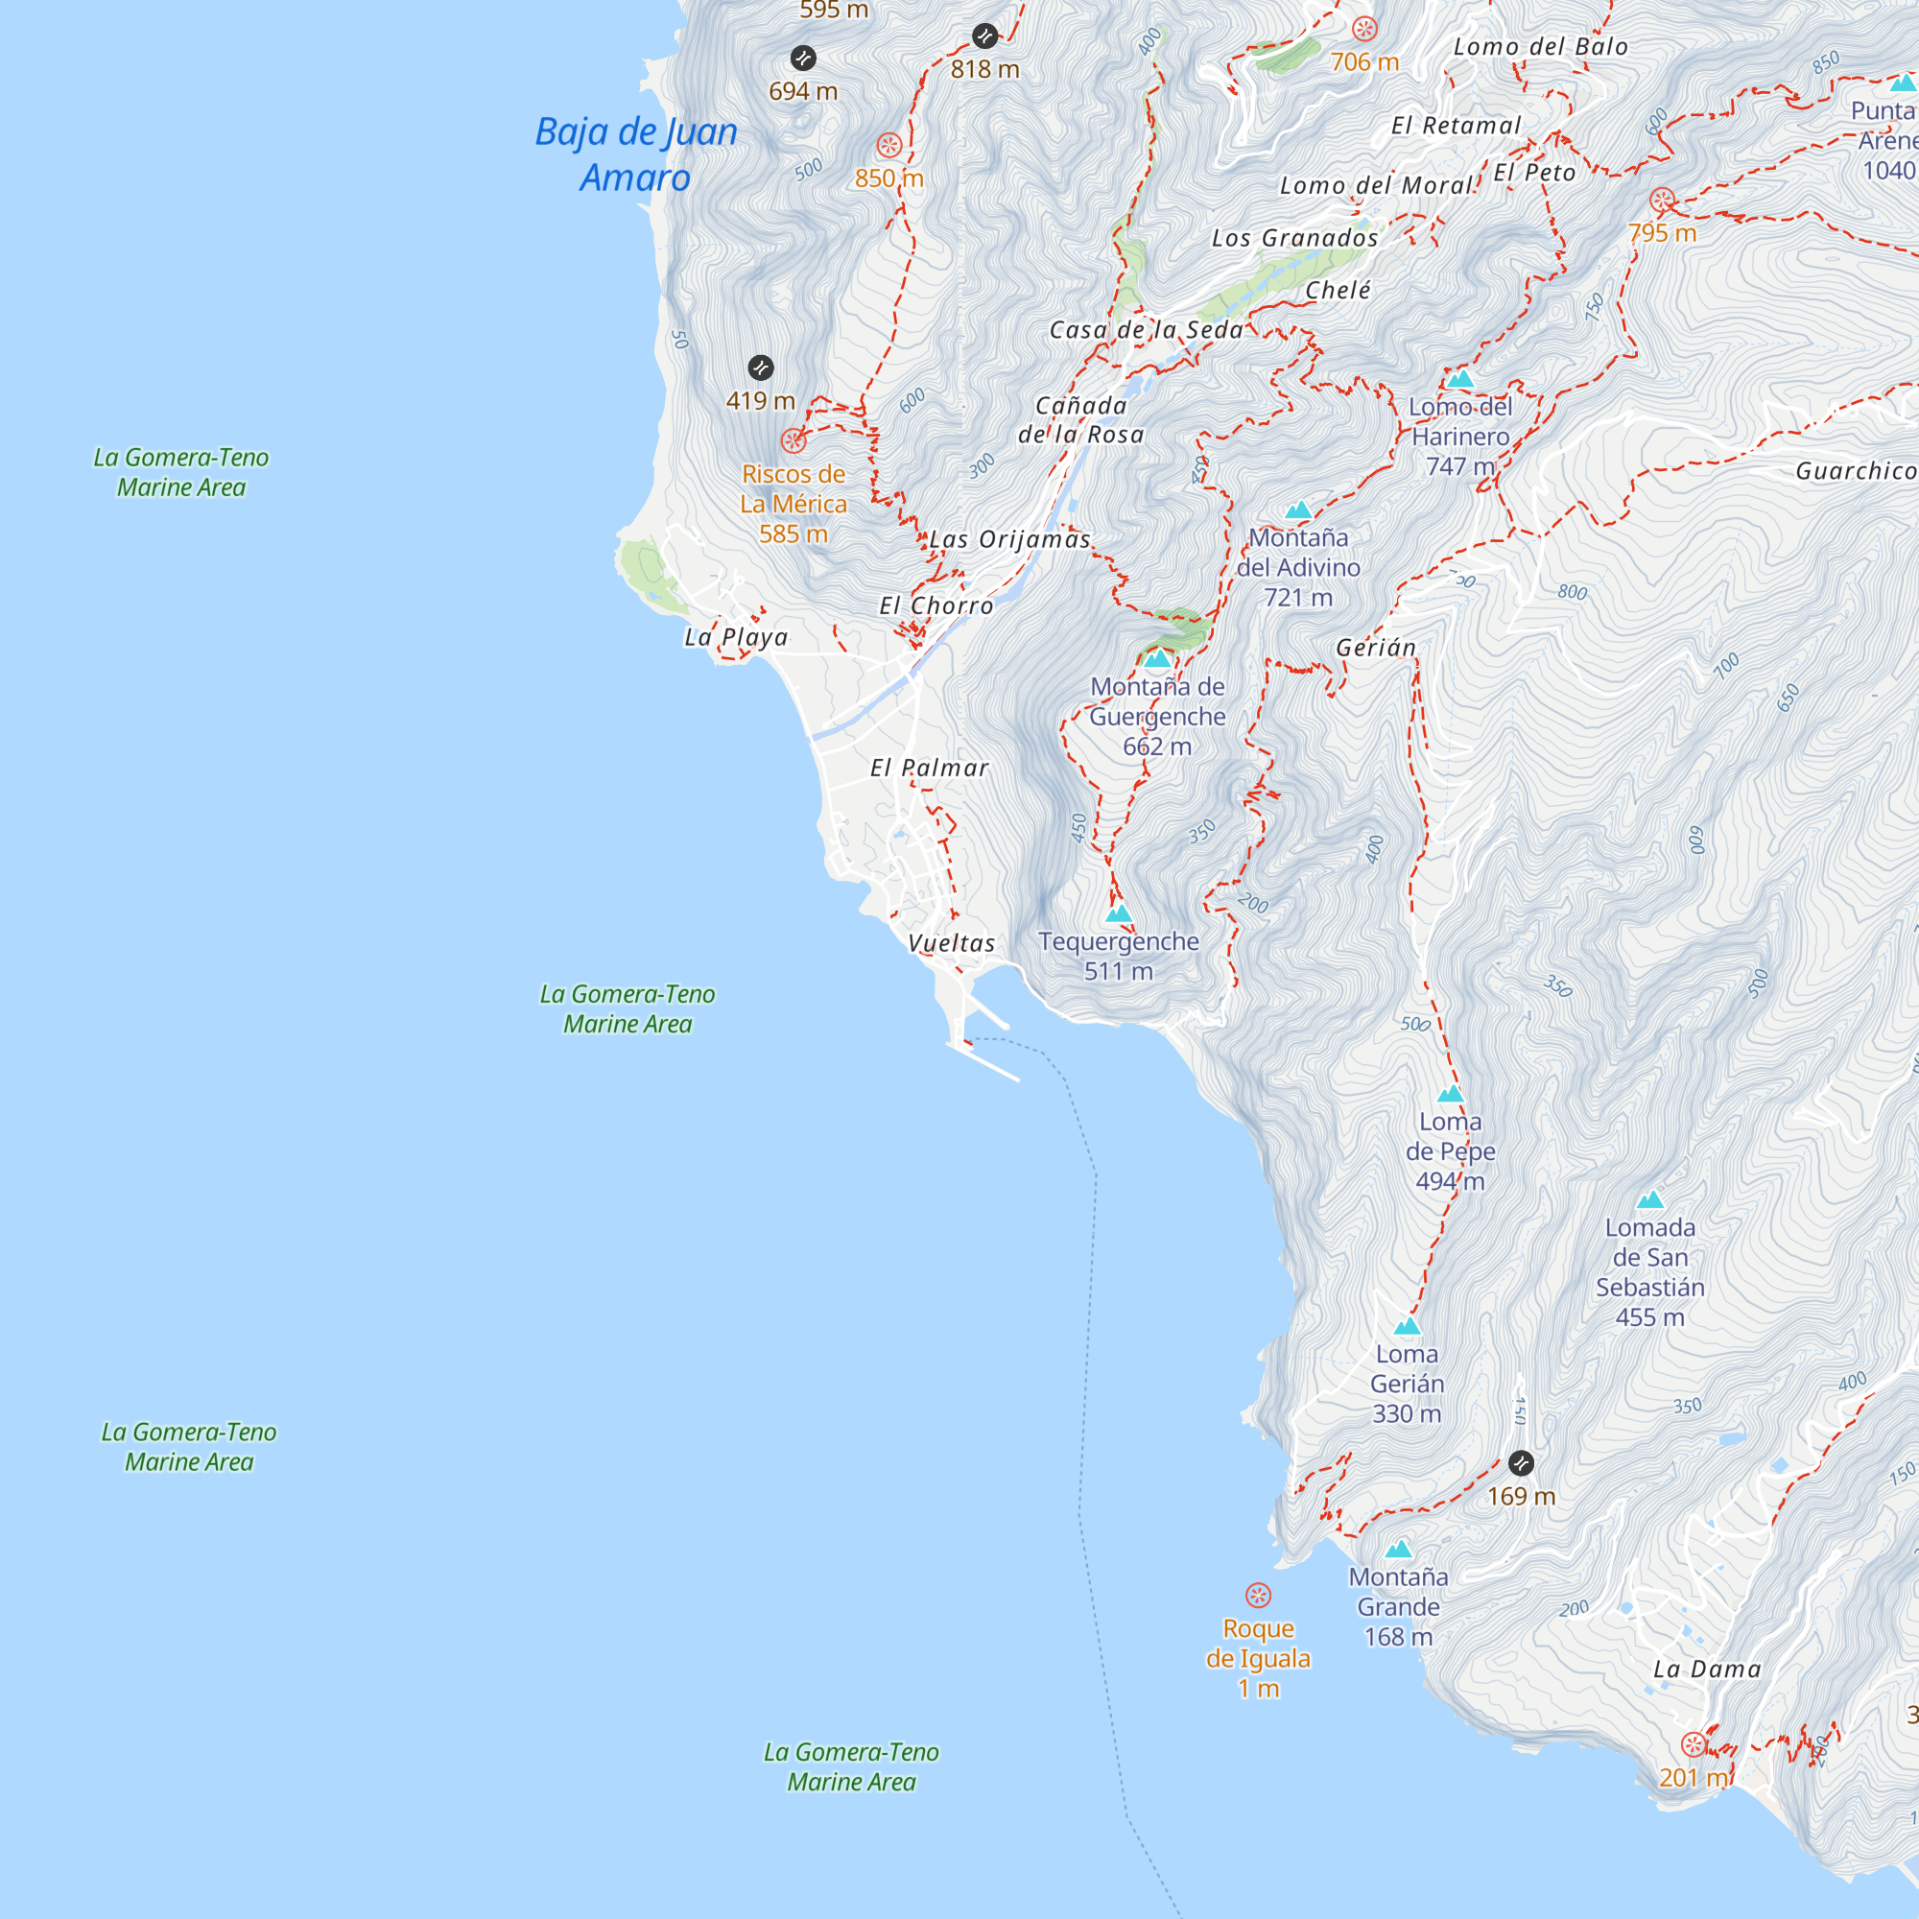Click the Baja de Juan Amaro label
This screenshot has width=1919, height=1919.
pyautogui.click(x=636, y=154)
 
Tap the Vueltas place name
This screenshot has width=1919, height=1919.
pyautogui.click(x=952, y=943)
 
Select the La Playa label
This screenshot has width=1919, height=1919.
pyautogui.click(x=736, y=638)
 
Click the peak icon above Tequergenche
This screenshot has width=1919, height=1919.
pyautogui.click(x=1119, y=913)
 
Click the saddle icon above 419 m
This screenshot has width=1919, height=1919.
pyautogui.click(x=761, y=367)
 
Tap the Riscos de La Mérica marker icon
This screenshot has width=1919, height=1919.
pyautogui.click(x=793, y=441)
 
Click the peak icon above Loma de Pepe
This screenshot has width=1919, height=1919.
pyautogui.click(x=1450, y=1094)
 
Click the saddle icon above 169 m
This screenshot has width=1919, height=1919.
pyautogui.click(x=1521, y=1463)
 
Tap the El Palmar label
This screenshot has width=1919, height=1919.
pyautogui.click(x=930, y=768)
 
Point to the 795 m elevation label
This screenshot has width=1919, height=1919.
pyautogui.click(x=1662, y=233)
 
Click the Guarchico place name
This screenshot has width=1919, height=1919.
pyautogui.click(x=1855, y=471)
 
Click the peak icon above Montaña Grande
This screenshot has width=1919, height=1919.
pyautogui.click(x=1399, y=1549)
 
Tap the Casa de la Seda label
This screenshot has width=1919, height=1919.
pyautogui.click(x=1147, y=330)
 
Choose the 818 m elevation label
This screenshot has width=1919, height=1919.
pyautogui.click(x=984, y=69)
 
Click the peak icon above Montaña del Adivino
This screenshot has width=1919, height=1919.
pyautogui.click(x=1298, y=510)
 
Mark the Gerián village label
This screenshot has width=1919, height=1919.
pyautogui.click(x=1376, y=649)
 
